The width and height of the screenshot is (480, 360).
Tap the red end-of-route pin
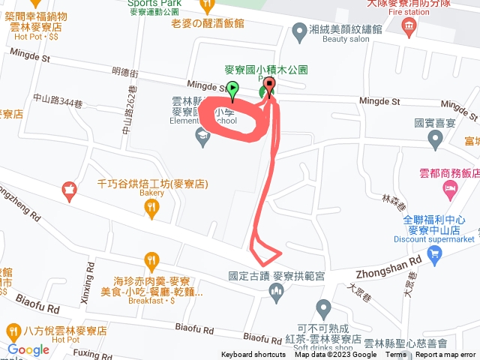coord(270,85)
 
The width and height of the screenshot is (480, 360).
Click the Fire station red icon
coord(409,28)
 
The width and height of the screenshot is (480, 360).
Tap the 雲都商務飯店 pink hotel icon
coord(450,187)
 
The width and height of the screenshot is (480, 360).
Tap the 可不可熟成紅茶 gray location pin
coord(323,307)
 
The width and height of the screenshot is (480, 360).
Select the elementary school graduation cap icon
coord(201,136)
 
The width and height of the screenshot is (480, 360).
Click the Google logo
coord(28,349)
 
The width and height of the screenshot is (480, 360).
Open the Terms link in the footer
coord(396,355)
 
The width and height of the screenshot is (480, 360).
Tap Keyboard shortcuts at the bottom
coord(253,355)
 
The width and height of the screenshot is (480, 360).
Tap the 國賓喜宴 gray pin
coord(435,139)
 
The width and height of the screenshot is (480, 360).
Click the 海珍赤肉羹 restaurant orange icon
coord(152,262)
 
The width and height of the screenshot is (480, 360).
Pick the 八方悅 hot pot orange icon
coord(13,330)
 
